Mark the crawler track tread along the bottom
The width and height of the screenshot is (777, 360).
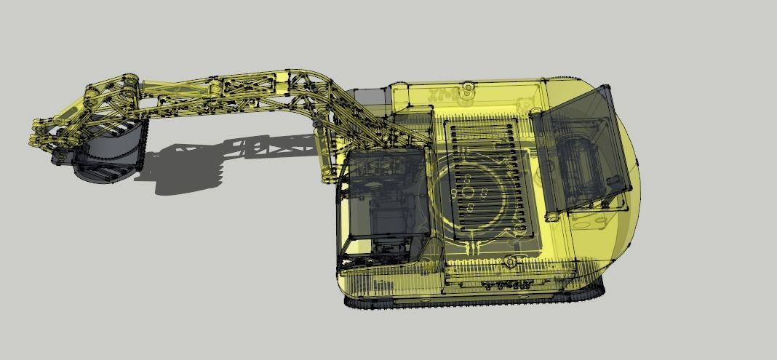click(473, 300)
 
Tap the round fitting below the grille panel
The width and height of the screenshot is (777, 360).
click(511, 260)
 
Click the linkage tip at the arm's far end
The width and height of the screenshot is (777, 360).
click(36, 138)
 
